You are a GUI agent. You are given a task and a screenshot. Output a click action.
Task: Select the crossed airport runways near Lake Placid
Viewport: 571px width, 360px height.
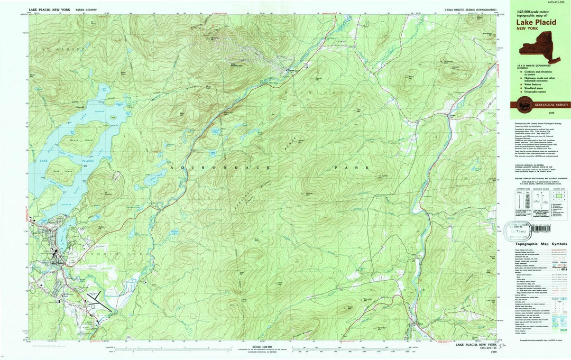[x=98, y=303]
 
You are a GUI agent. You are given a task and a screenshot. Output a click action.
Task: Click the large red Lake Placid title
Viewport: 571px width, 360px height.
[x=529, y=22]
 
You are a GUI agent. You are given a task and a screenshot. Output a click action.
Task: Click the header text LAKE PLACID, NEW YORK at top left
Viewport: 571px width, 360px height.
[x=50, y=10]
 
